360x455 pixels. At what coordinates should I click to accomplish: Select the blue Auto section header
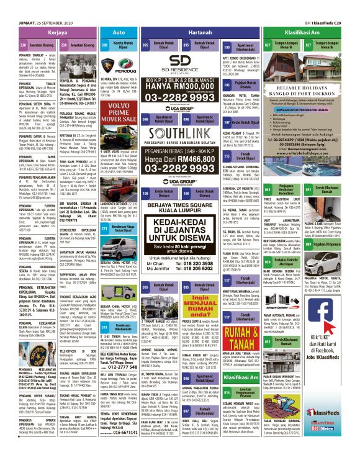pyautogui.click(x=119, y=30)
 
